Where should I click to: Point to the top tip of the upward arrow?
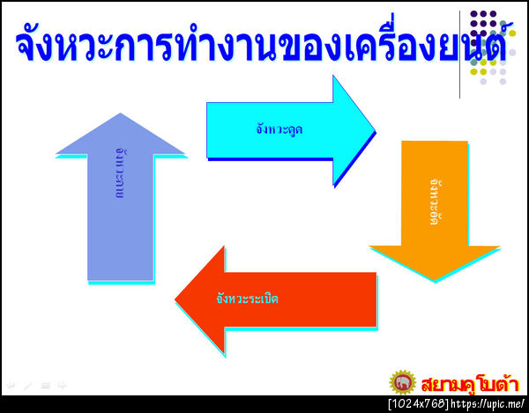120,114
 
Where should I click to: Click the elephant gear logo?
403,384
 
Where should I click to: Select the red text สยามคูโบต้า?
468,384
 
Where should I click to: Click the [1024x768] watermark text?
418,404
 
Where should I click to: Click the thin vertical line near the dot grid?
460,53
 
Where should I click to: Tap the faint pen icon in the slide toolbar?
27,386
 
